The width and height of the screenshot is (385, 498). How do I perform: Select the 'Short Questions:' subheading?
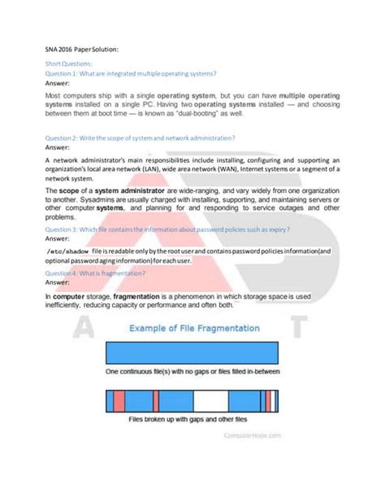69,63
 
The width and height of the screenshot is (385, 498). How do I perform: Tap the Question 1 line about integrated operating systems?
131,72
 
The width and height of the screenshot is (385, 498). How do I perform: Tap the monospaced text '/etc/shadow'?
67,251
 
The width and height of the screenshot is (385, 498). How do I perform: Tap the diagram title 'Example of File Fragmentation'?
192,328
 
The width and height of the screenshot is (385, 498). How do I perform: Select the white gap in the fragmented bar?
210,401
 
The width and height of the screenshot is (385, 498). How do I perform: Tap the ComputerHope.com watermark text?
252,435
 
